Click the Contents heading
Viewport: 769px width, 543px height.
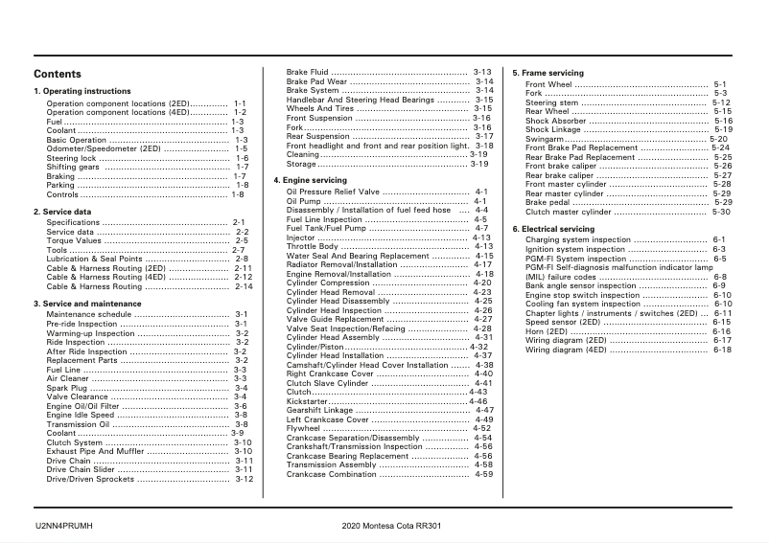(x=58, y=75)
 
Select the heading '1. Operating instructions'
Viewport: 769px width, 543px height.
(x=82, y=92)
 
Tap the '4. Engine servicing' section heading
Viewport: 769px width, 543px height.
(x=310, y=180)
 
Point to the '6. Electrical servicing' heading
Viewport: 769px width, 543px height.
(x=553, y=230)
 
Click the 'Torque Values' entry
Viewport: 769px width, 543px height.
(x=74, y=240)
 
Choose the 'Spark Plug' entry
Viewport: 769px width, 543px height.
(x=64, y=388)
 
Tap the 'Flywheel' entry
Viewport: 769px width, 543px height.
(x=303, y=428)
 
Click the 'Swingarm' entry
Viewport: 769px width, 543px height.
(x=544, y=139)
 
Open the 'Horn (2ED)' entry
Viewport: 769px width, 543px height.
(x=547, y=331)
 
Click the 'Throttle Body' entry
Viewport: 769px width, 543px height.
(x=312, y=247)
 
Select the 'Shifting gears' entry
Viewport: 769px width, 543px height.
(x=73, y=167)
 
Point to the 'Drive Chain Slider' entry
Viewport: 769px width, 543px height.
(x=82, y=469)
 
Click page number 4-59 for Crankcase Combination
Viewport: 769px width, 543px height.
(x=483, y=474)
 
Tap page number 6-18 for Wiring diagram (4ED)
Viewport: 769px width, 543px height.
(x=722, y=350)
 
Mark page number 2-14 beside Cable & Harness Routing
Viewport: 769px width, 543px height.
(x=244, y=286)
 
